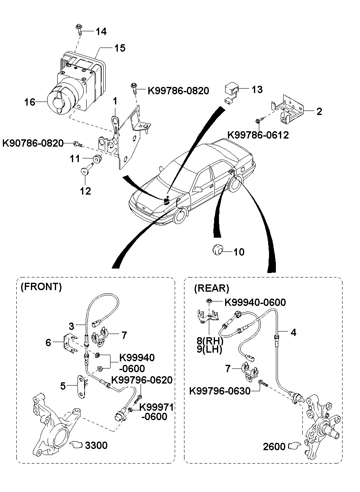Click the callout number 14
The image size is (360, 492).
click(x=101, y=31)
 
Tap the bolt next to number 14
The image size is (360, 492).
click(x=78, y=29)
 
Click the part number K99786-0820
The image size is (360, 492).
click(x=178, y=91)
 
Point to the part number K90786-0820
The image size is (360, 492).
click(x=33, y=143)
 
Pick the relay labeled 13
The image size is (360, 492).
click(x=232, y=89)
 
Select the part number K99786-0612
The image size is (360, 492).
click(x=258, y=135)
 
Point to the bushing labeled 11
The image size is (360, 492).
click(x=97, y=159)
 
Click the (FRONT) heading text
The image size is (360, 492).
click(x=41, y=287)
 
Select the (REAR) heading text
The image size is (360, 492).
click(x=211, y=288)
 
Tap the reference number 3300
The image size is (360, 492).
click(x=96, y=445)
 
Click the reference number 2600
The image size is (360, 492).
click(x=274, y=446)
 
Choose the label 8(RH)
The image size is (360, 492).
click(x=210, y=340)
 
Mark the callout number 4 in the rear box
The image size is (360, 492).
click(x=293, y=332)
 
